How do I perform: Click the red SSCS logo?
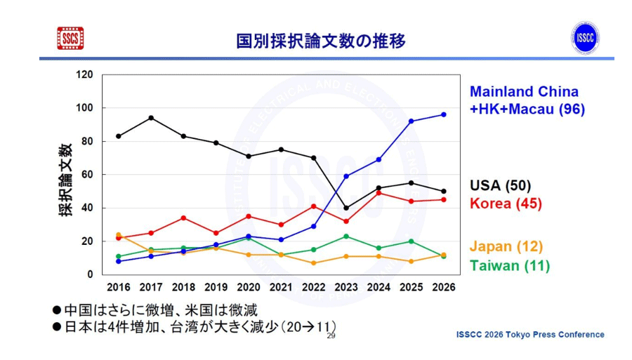pos(70,39)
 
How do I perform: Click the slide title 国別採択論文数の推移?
pos(321,41)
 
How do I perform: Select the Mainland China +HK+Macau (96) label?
pos(525,100)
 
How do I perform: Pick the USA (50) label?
pos(500,185)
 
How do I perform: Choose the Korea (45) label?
pos(506,204)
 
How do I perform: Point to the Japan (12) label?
pos(506,246)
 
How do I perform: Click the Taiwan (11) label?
pos(509,265)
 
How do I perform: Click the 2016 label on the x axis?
pos(118,287)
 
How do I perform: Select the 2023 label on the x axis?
pos(346,287)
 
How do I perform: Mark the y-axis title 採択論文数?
pos(65,180)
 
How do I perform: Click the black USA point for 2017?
pos(151,118)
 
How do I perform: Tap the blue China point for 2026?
pos(443,114)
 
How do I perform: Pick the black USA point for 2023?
pos(346,208)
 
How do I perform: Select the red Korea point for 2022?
pos(313,206)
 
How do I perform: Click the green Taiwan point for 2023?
pos(346,236)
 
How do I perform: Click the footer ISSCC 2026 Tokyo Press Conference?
pos(529,335)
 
